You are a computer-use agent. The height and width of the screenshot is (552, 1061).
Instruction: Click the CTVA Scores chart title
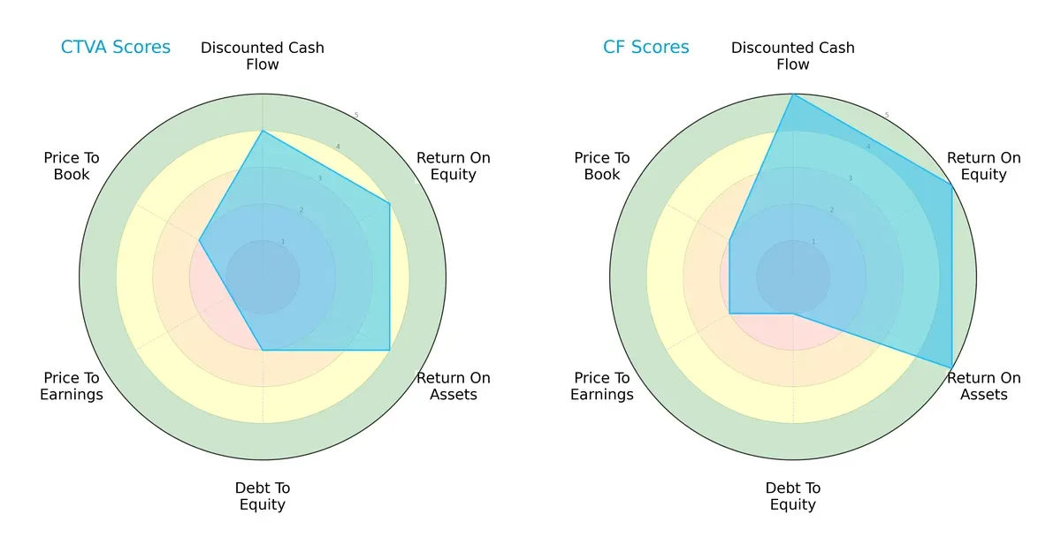coord(115,47)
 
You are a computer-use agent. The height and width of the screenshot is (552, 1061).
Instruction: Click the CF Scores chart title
coord(645,47)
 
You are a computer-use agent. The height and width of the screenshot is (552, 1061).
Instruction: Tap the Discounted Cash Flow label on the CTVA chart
coord(263,56)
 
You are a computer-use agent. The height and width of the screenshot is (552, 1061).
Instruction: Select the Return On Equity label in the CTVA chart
coord(453,166)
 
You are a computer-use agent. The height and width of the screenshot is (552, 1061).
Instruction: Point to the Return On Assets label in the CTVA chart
coord(453,386)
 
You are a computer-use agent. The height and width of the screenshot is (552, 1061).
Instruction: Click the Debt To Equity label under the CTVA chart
coord(263,496)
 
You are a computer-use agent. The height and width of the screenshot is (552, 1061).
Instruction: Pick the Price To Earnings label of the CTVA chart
coord(72,386)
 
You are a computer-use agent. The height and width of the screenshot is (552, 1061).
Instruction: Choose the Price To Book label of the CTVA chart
coord(72,166)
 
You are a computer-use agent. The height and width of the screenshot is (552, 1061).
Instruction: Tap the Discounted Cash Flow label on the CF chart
coord(793,56)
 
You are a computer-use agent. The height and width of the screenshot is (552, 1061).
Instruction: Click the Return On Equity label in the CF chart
coord(983,166)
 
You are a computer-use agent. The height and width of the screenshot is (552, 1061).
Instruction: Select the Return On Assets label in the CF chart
coord(983,386)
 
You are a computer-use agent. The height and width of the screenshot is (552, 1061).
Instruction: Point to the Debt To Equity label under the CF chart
coord(793,496)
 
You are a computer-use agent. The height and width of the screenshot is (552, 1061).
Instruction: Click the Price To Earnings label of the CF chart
coord(602,386)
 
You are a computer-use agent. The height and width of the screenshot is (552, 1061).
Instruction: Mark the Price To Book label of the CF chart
coord(602,166)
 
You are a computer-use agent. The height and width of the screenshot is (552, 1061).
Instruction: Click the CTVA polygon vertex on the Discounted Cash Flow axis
coord(263,131)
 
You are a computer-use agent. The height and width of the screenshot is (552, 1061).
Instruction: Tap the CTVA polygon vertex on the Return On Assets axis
coord(390,350)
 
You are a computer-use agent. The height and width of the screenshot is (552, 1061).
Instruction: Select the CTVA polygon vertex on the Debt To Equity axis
coord(263,350)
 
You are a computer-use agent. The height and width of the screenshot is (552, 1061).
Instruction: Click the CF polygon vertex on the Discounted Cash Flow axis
coord(793,95)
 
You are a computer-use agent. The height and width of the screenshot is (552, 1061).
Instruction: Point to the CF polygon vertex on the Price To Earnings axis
coord(729,313)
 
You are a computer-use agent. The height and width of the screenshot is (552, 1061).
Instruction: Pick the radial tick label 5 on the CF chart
coord(887,116)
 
